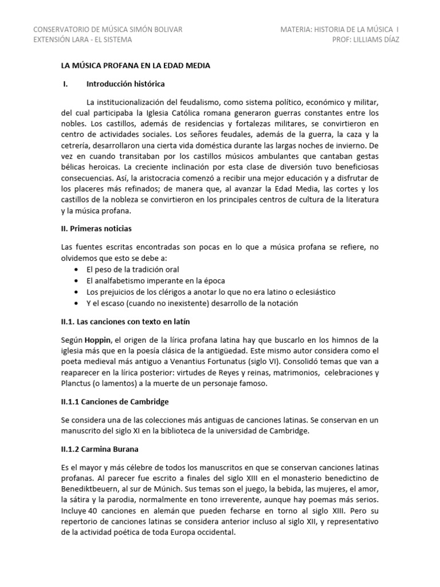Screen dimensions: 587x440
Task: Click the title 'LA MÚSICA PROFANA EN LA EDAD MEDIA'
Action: point(135,66)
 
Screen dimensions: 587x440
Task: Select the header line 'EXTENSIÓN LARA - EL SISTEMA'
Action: point(83,40)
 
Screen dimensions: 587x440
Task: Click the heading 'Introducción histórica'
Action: point(125,84)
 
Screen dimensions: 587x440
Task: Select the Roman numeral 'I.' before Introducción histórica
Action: point(65,84)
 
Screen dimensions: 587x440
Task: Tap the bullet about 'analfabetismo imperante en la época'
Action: point(155,280)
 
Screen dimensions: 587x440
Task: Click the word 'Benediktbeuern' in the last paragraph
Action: point(91,490)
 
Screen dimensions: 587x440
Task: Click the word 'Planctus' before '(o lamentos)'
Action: point(78,385)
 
